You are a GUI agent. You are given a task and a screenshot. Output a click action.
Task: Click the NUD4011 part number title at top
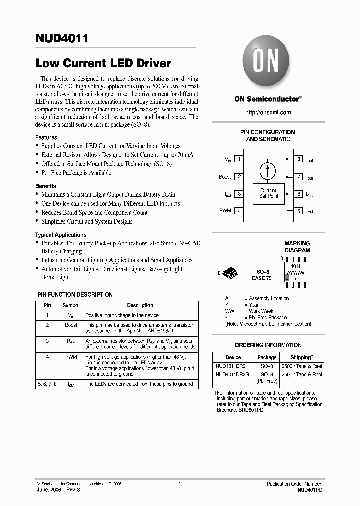tap(62, 39)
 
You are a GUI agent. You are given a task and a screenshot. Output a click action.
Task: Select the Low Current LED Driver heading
tap(103, 63)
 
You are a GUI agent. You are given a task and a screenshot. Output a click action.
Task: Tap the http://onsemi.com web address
tap(268, 113)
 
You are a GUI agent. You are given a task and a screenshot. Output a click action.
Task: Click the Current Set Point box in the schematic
tap(268, 193)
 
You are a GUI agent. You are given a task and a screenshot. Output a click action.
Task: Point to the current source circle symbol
tap(268, 170)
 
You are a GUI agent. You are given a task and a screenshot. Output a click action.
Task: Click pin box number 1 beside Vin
tap(239, 159)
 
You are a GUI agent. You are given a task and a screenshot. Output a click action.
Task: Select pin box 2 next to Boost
tap(239, 177)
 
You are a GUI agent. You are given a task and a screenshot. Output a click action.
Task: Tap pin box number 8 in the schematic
tap(298, 159)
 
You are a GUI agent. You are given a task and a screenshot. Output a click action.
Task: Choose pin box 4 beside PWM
tap(239, 211)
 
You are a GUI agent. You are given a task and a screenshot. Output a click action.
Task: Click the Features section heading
tap(46, 137)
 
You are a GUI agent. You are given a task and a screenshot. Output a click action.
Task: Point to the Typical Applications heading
tap(61, 235)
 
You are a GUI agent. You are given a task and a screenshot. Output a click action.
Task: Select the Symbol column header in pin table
tap(71, 305)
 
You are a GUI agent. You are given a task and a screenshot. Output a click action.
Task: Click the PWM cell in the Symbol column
tap(71, 357)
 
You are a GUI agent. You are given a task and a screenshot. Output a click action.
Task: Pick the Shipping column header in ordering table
tap(302, 357)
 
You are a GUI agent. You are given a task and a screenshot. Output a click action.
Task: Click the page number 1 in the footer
tap(179, 484)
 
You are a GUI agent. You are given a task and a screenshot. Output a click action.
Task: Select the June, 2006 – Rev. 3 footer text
tap(58, 491)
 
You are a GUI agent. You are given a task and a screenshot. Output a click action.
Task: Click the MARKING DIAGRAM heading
tap(297, 247)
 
